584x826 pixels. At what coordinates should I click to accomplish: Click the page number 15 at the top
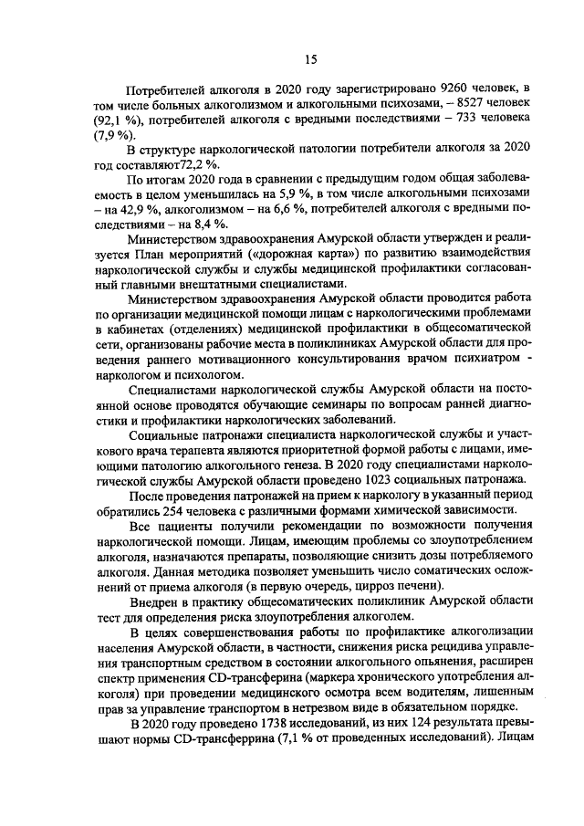[310, 60]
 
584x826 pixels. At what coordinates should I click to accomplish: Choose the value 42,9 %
[132, 210]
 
